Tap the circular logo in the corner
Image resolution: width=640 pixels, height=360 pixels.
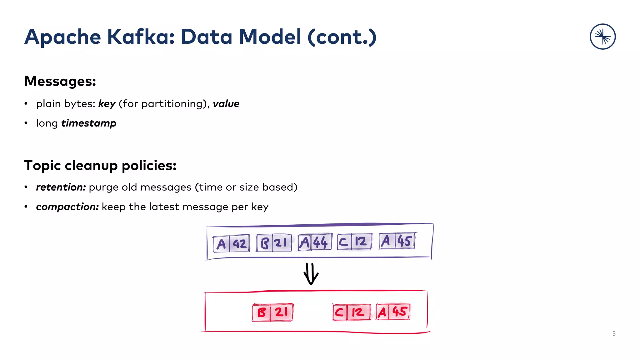pyautogui.click(x=602, y=37)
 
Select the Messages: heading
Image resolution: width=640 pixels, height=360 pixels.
pyautogui.click(x=60, y=81)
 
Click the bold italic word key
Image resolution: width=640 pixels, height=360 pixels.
pyautogui.click(x=107, y=104)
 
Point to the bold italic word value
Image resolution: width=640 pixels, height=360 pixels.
pyautogui.click(x=226, y=104)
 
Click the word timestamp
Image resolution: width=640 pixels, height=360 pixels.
pyautogui.click(x=89, y=123)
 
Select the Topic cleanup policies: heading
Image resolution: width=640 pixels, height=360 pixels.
pyautogui.click(x=100, y=165)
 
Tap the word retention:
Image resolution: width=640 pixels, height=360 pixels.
pyautogui.click(x=61, y=187)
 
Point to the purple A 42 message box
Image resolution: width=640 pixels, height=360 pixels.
pyautogui.click(x=231, y=243)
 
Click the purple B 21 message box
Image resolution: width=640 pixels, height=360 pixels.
pyautogui.click(x=274, y=243)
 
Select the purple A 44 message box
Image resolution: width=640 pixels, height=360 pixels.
pyautogui.click(x=315, y=242)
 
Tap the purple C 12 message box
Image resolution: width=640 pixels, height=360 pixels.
pyautogui.click(x=354, y=242)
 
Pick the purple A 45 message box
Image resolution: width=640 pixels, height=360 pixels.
pyautogui.click(x=397, y=241)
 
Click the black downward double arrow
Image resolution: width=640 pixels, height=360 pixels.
pyautogui.click(x=311, y=274)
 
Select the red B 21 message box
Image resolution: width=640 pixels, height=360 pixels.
pyautogui.click(x=273, y=312)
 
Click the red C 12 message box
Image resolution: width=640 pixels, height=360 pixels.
pyautogui.click(x=352, y=312)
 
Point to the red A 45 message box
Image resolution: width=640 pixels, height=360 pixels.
pyautogui.click(x=393, y=312)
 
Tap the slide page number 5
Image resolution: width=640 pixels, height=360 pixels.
pyautogui.click(x=614, y=334)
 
